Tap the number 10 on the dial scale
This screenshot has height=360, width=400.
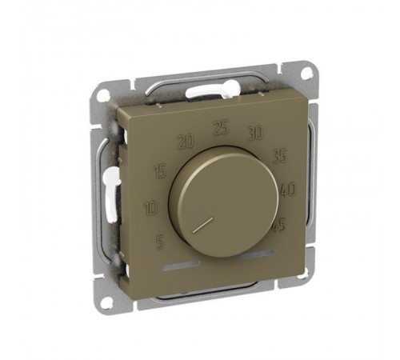[x=152, y=208]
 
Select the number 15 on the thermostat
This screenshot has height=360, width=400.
[x=161, y=171]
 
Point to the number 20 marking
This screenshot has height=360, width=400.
[x=186, y=141]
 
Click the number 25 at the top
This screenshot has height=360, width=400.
[x=221, y=127]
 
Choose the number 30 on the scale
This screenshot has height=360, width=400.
[x=255, y=133]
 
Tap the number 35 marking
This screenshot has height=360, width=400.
[x=280, y=156]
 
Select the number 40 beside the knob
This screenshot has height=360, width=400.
[x=288, y=190]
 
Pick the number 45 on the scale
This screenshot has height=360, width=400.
[x=279, y=226]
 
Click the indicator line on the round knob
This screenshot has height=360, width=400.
[x=203, y=225]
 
